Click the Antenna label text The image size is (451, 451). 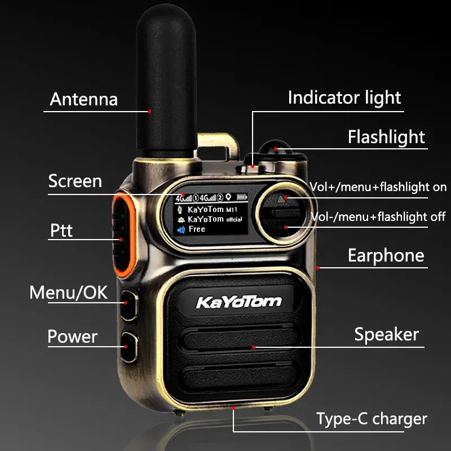(83, 100)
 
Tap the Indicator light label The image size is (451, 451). (344, 98)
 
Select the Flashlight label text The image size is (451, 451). (386, 137)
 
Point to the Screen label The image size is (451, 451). (75, 181)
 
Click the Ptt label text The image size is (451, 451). (61, 231)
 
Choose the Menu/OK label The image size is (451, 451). (68, 293)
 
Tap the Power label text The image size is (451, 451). (73, 337)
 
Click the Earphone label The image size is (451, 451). (386, 256)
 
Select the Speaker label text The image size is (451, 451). (387, 334)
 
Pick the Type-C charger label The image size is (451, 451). (372, 419)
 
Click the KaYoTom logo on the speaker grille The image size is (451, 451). (238, 302)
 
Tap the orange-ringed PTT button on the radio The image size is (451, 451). (123, 235)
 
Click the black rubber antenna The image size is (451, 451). (166, 81)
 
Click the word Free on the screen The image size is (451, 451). (197, 229)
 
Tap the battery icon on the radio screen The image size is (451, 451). (242, 197)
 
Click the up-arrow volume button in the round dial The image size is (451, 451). (281, 199)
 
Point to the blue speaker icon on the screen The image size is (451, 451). (181, 230)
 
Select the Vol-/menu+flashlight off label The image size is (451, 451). (378, 217)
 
